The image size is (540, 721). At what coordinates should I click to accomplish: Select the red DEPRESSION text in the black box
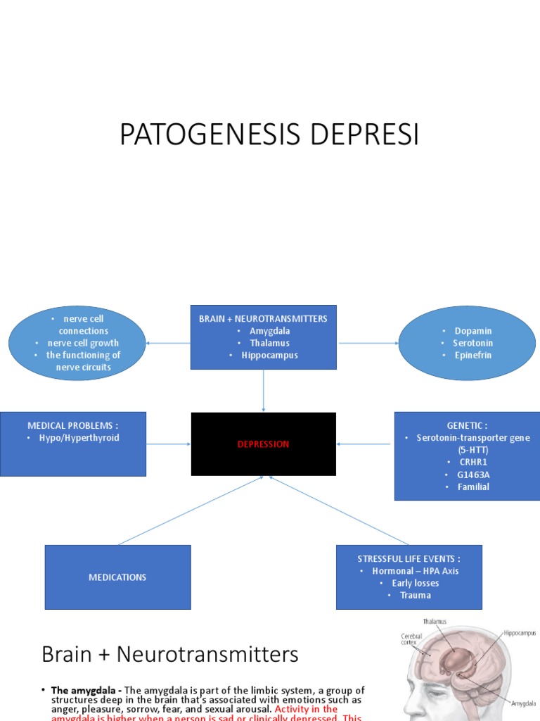(x=263, y=444)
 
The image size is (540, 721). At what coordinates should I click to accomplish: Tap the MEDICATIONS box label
(x=117, y=577)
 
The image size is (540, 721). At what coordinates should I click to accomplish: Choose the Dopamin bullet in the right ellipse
(x=472, y=331)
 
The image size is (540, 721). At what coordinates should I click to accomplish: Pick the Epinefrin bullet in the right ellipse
(x=472, y=355)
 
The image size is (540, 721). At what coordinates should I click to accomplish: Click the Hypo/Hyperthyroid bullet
(x=79, y=438)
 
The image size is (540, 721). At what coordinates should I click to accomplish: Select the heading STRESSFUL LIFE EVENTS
(x=409, y=558)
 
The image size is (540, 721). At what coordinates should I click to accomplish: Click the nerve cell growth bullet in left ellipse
(x=83, y=343)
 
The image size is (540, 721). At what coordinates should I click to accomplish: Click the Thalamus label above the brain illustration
(x=435, y=622)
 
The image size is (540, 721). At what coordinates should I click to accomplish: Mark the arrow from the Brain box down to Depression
(x=264, y=391)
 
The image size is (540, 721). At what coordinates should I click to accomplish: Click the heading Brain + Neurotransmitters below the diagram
(x=170, y=655)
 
